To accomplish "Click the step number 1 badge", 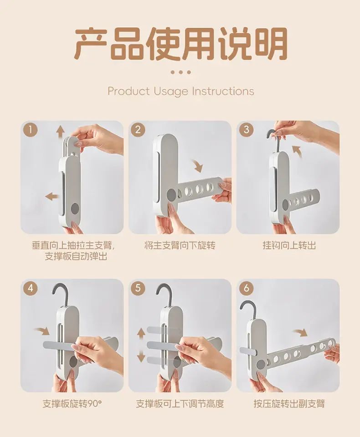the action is [31, 130].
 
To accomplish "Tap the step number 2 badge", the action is [138, 130].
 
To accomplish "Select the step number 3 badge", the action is [246, 130].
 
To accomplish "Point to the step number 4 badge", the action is [31, 288].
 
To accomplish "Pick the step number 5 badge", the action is [138, 288].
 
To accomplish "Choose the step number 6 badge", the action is [246, 288].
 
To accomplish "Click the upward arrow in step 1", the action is [59, 131].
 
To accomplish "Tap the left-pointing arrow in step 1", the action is [52, 197].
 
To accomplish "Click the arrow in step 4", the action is [42, 331].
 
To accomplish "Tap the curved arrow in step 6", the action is [300, 332].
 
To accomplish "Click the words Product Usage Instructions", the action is [181, 91].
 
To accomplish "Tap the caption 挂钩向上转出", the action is [289, 245].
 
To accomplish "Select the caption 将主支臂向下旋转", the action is [180, 245].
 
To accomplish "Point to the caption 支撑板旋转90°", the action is [72, 404].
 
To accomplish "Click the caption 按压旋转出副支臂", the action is [289, 404].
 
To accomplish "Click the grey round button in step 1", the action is [75, 208].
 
